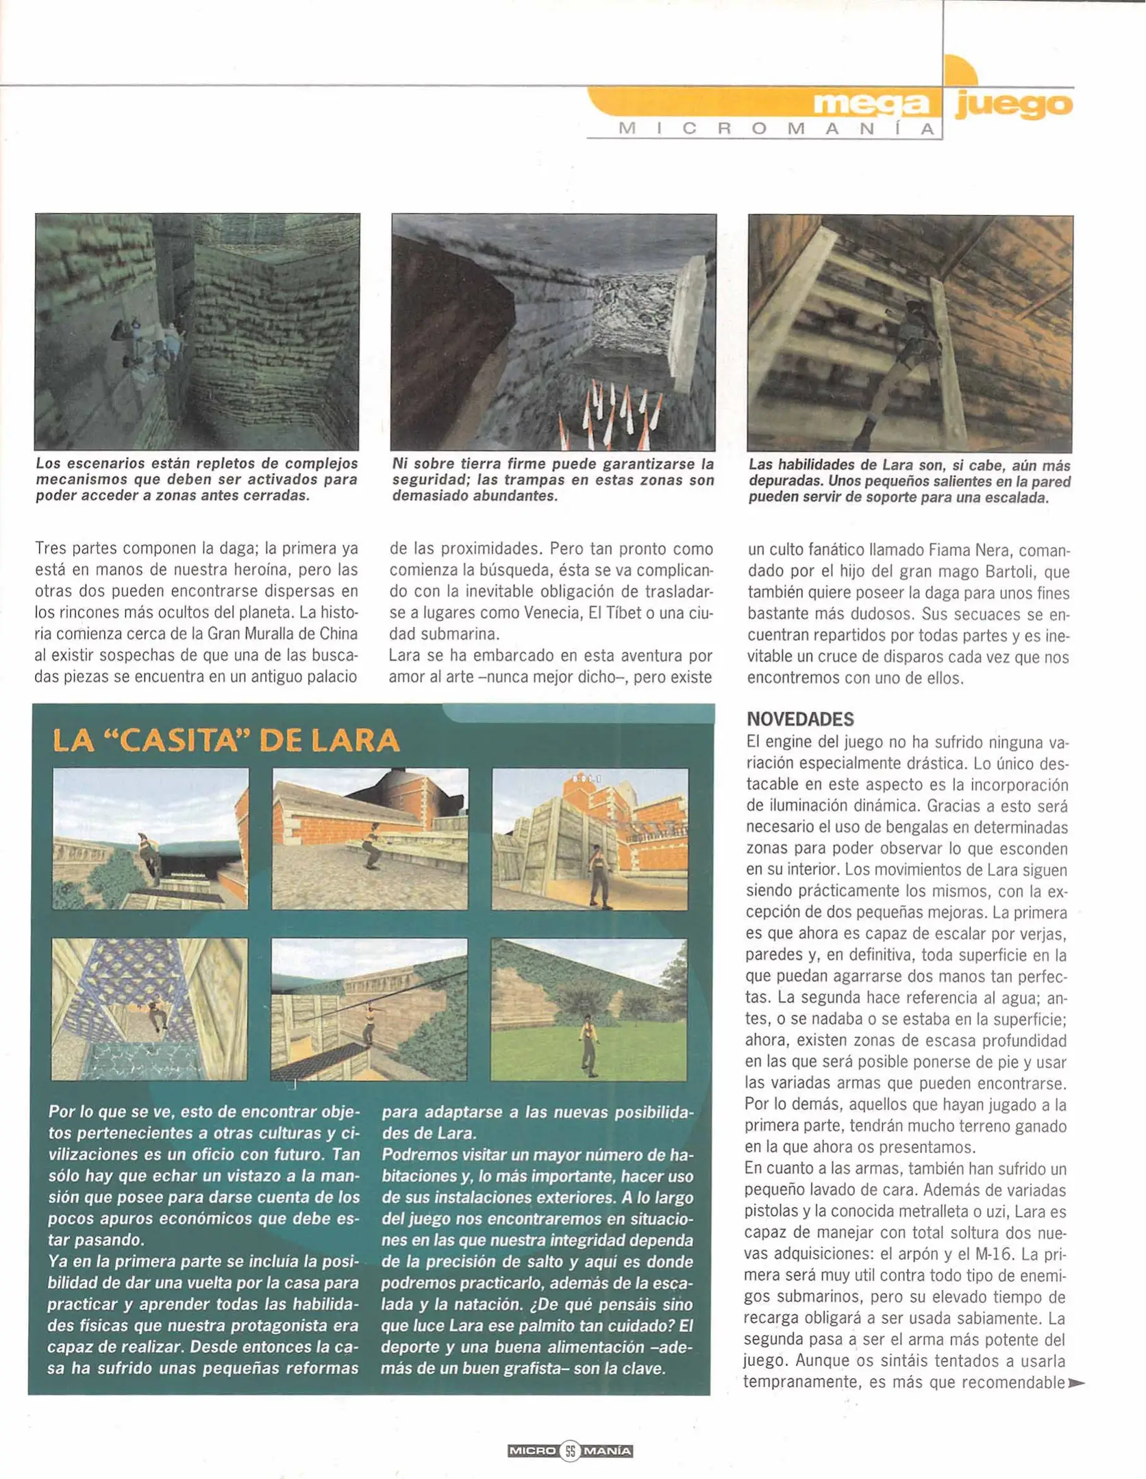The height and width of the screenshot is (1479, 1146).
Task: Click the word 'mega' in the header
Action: tap(871, 104)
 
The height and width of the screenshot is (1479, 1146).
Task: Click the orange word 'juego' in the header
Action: tap(1013, 104)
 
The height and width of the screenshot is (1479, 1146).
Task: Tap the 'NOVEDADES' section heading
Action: tap(800, 719)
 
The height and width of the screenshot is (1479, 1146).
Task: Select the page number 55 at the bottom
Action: tap(571, 1450)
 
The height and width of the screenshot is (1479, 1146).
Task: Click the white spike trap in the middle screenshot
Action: tap(613, 411)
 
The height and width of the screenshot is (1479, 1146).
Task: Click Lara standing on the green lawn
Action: tap(587, 1044)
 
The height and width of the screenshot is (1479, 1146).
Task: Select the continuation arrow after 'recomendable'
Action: tap(1076, 1382)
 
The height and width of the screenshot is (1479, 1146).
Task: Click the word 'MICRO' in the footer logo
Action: tap(532, 1450)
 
